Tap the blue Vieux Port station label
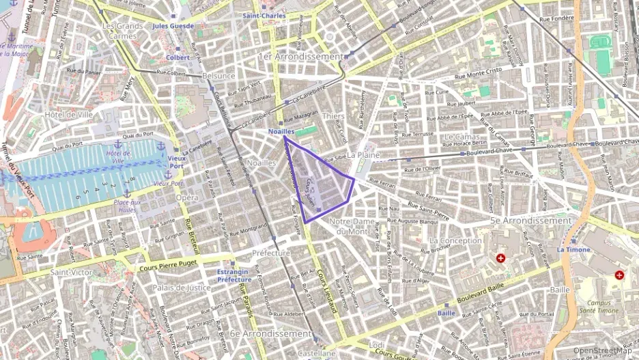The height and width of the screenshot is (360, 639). click(x=177, y=161)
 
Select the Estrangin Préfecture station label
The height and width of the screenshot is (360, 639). click(x=235, y=275)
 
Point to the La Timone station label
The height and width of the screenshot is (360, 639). click(x=573, y=250)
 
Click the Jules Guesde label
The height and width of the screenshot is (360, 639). click(x=173, y=26)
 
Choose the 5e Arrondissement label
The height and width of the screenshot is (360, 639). click(x=530, y=221)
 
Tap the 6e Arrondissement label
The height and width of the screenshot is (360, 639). click(x=270, y=333)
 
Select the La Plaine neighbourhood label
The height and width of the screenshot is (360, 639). click(x=362, y=156)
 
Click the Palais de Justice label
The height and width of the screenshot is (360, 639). click(x=181, y=288)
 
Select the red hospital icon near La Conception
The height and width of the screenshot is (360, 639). click(x=501, y=259)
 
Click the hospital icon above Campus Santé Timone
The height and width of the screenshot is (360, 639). click(x=619, y=275)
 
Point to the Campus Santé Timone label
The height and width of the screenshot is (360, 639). click(x=597, y=306)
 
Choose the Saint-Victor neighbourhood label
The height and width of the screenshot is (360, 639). click(x=70, y=273)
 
